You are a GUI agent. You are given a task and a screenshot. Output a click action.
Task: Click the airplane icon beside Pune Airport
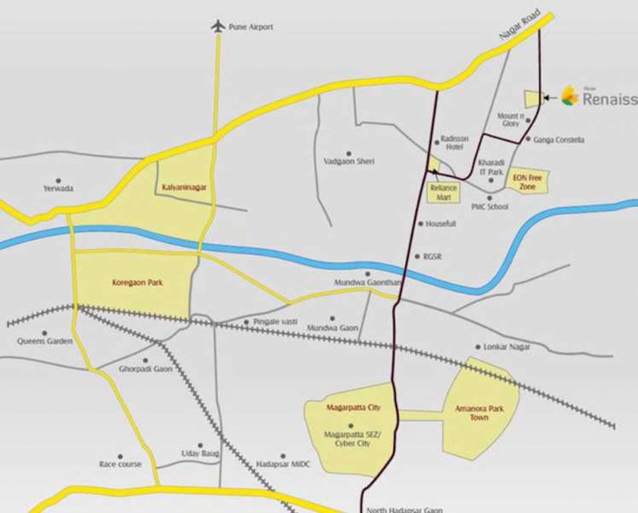[x=217, y=26]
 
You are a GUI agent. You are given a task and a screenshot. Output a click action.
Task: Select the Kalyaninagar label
[x=184, y=188]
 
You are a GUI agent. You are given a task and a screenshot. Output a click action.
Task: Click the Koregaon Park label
[x=137, y=283]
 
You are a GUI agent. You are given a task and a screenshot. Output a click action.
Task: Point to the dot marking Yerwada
[x=58, y=180]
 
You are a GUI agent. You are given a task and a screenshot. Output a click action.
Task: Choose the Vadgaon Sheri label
[x=348, y=162]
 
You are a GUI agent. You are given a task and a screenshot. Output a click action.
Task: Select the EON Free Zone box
[x=529, y=182]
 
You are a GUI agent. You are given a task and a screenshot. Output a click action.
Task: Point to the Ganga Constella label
[x=559, y=140]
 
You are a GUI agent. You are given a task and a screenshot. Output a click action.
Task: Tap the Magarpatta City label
[x=353, y=407]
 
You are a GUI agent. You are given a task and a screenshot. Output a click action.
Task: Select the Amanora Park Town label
[x=479, y=412]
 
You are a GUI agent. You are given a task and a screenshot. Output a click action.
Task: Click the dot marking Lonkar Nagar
[x=478, y=347]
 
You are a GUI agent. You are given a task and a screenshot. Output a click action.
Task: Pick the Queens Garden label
[x=45, y=341]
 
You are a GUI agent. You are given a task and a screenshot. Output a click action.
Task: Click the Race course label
[x=120, y=464]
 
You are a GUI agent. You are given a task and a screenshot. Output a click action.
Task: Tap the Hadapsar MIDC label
[x=283, y=464]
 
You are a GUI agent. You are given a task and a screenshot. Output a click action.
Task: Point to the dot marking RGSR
[x=417, y=256]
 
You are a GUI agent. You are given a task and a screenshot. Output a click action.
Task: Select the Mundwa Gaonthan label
[x=367, y=283]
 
